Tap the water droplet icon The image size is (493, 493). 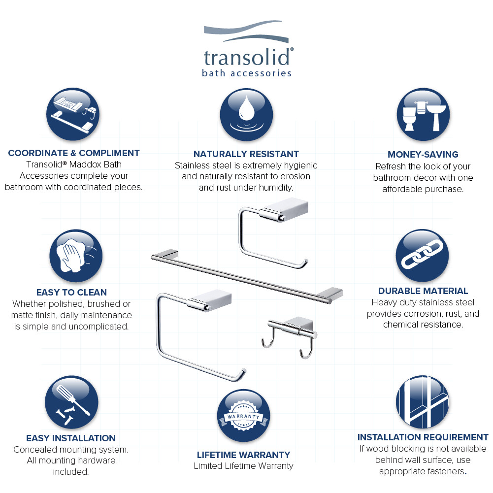tap(246, 115)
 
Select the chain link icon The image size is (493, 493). tap(422, 256)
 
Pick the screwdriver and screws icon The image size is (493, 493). tap(71, 402)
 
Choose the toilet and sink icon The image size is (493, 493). tap(424, 115)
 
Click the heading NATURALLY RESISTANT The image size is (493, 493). tap(246, 154)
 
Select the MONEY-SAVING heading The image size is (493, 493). tap(423, 155)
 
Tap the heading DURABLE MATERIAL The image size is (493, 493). tap(423, 291)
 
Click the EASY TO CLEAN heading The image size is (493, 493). tap(71, 293)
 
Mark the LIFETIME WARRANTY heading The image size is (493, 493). tap(243, 455)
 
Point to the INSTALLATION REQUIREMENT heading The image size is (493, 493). tap(423, 437)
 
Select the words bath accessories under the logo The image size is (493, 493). tap(247, 73)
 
